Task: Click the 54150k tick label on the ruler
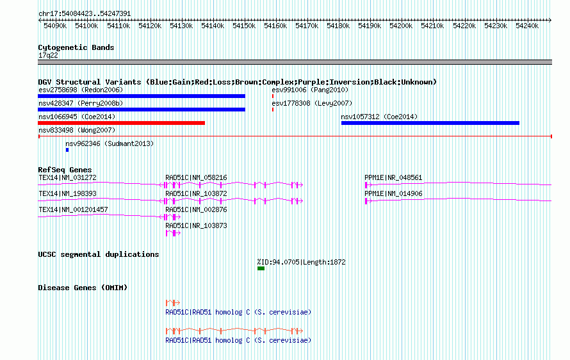(x=244, y=26)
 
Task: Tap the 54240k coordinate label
(x=527, y=26)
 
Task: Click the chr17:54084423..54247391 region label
(x=85, y=13)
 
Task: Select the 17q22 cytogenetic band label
(x=48, y=55)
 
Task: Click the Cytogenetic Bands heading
(x=76, y=47)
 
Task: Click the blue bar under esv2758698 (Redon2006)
(x=142, y=96)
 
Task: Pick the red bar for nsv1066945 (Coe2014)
(x=122, y=123)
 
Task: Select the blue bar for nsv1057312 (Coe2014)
(x=430, y=123)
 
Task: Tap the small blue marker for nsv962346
(x=67, y=150)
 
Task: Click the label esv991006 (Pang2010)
(x=310, y=90)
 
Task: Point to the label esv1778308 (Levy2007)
(x=313, y=103)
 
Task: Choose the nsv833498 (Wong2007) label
(x=77, y=130)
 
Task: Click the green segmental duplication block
(x=261, y=268)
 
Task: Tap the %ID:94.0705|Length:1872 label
(x=302, y=262)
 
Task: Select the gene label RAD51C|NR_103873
(x=197, y=225)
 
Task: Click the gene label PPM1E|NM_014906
(x=394, y=193)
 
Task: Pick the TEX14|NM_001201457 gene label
(x=74, y=209)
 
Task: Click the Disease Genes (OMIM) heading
(x=83, y=288)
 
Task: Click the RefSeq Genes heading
(x=65, y=170)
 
